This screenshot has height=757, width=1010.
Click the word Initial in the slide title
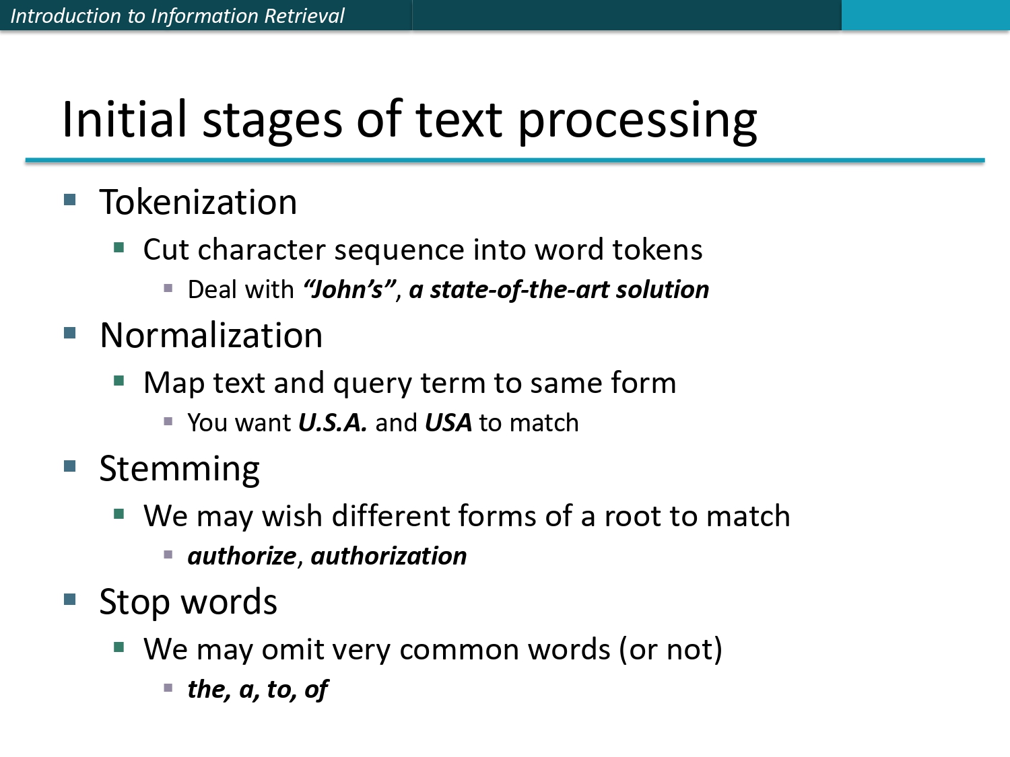point(124,120)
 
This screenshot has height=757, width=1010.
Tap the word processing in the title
point(637,121)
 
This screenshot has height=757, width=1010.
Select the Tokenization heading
point(198,202)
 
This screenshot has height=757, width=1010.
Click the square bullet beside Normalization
point(70,333)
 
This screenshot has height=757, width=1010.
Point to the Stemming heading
point(179,469)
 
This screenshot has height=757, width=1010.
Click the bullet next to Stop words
point(70,600)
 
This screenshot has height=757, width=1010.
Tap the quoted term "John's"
point(348,289)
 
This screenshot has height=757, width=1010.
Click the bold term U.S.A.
point(332,423)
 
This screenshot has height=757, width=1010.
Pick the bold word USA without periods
point(448,423)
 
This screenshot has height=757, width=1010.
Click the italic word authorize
point(242,556)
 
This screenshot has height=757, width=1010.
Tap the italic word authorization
point(389,556)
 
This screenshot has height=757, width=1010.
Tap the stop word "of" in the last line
point(316,689)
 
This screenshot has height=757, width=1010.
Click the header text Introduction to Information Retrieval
point(177,15)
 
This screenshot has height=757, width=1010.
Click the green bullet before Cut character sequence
point(119,248)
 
